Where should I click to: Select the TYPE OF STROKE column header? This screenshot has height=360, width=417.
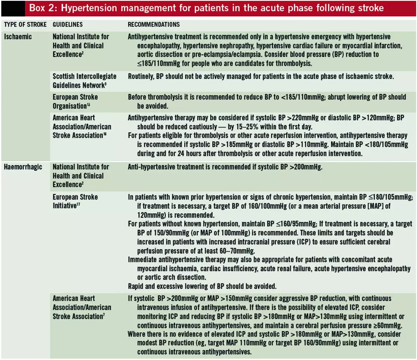click(25, 25)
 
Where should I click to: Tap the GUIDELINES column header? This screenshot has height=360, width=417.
click(68, 25)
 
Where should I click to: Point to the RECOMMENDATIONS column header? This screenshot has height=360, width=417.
click(154, 25)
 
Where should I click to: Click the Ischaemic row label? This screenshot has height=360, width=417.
click(18, 37)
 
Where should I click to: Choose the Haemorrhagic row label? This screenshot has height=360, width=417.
click(23, 167)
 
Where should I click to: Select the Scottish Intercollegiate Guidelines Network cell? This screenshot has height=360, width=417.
click(84, 81)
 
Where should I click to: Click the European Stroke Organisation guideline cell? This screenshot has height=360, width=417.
click(75, 101)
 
